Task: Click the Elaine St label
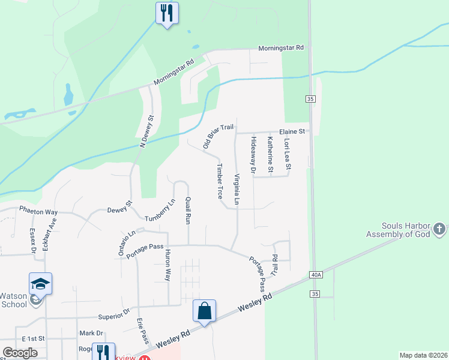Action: point(292,131)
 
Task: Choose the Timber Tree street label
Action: point(220,181)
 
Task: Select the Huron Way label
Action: point(168,265)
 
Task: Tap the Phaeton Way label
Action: point(38,212)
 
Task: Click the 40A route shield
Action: point(317,275)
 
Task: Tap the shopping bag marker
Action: point(205,311)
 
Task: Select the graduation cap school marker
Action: point(40,283)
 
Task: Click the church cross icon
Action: point(439,229)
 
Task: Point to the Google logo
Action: point(20,353)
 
